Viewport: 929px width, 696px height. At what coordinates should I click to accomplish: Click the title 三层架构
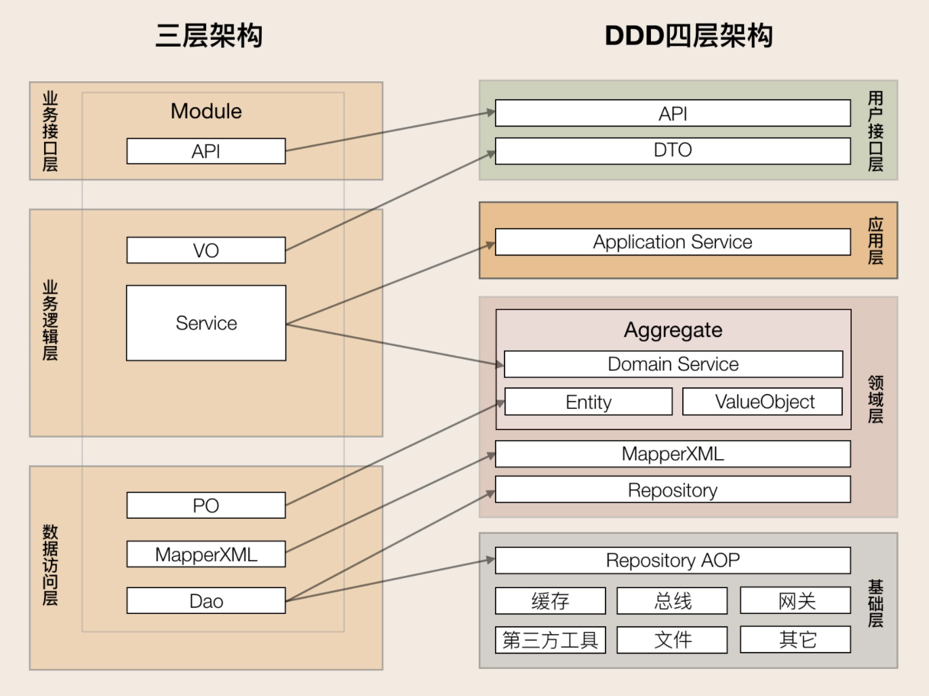[209, 36]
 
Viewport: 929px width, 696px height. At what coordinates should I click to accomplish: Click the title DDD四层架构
[688, 36]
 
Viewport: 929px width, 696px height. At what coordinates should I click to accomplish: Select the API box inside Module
[206, 151]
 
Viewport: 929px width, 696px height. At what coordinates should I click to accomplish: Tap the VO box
[206, 250]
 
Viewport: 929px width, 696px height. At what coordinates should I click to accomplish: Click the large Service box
[206, 323]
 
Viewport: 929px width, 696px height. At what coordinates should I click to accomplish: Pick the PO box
[206, 505]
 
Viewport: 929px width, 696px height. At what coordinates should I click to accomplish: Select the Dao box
[206, 601]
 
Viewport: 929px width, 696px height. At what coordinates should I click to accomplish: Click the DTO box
[673, 151]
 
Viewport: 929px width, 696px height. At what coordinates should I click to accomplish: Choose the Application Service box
[673, 242]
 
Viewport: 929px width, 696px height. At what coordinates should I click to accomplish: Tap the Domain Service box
[673, 364]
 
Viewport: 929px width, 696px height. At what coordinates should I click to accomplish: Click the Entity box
[589, 402]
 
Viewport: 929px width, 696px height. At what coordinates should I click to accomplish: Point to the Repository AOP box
[673, 560]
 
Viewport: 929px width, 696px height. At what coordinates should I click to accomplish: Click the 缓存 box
[550, 601]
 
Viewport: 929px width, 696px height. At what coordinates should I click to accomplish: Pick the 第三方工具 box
[550, 640]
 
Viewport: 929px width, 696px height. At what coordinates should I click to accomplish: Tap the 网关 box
[796, 601]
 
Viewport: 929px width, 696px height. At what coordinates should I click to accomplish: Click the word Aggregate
[673, 330]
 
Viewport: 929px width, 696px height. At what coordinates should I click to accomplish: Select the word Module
[206, 111]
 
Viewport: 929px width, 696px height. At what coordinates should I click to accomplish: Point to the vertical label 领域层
[875, 400]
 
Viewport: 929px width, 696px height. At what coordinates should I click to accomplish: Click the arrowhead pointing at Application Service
[490, 245]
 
